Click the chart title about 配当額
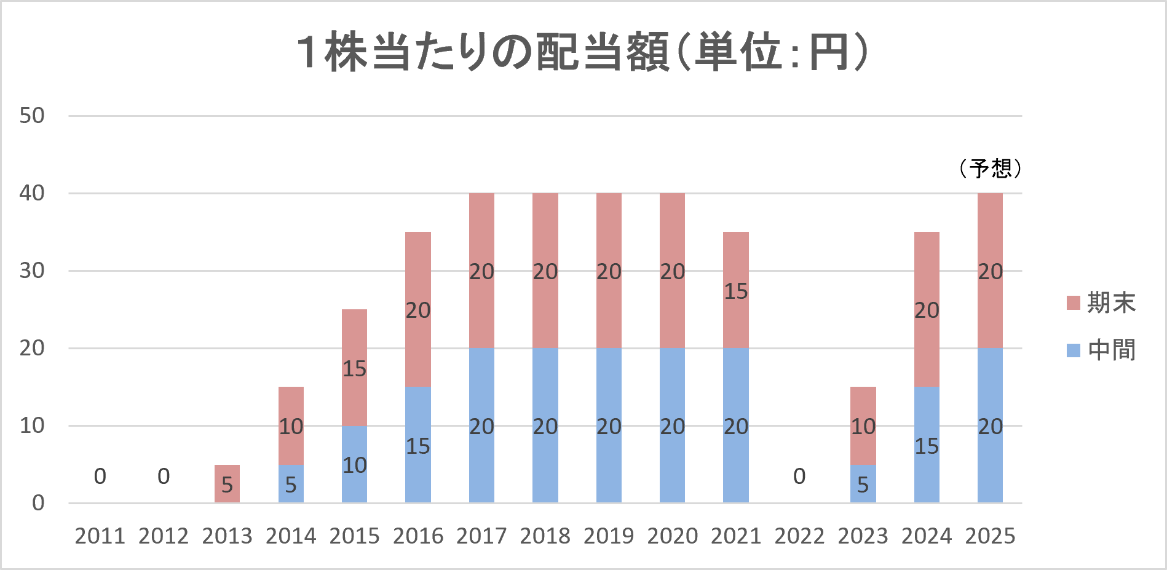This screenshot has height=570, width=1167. pyautogui.click(x=582, y=52)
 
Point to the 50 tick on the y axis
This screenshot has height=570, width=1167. pyautogui.click(x=32, y=116)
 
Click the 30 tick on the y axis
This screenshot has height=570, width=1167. pyautogui.click(x=32, y=271)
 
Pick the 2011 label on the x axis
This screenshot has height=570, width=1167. pyautogui.click(x=100, y=536)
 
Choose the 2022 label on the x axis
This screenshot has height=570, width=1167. pyautogui.click(x=799, y=536)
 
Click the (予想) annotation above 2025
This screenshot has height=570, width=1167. pyautogui.click(x=990, y=168)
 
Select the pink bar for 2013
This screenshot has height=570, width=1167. pyautogui.click(x=227, y=484)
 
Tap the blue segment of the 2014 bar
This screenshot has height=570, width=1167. pyautogui.click(x=291, y=484)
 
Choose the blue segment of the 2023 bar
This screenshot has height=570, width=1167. pyautogui.click(x=863, y=484)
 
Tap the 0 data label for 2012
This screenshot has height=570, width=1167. pyautogui.click(x=164, y=477)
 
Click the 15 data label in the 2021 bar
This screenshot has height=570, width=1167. pyautogui.click(x=735, y=291)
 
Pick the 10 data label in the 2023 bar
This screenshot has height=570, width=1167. pyautogui.click(x=863, y=426)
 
